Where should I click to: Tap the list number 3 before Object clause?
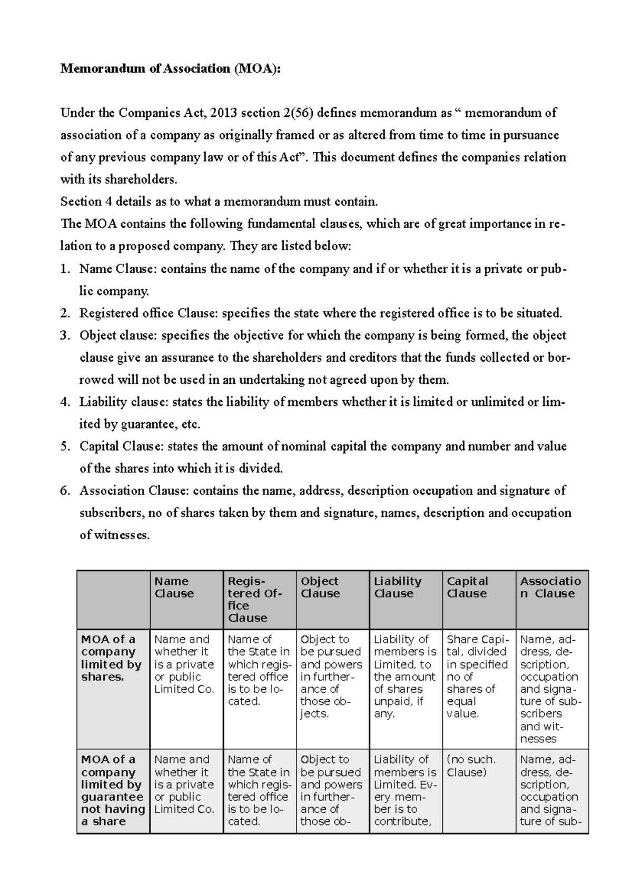tap(65, 336)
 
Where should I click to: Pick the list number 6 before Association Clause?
tap(65, 491)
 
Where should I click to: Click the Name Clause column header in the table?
tap(174, 588)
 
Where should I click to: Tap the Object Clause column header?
tap(320, 588)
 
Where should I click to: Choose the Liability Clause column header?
tap(398, 588)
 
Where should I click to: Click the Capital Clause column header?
tap(467, 588)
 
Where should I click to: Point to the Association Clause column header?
tap(550, 588)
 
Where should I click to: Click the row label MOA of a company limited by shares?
tap(111, 658)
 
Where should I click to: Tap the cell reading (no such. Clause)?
tap(471, 766)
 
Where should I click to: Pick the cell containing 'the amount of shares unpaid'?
tap(405, 677)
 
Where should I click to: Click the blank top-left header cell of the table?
tap(113, 600)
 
